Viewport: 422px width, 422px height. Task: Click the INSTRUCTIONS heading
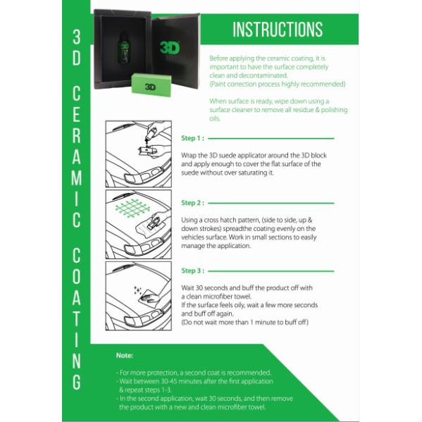point(278,29)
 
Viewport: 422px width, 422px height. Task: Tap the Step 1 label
point(192,138)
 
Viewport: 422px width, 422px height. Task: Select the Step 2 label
point(192,203)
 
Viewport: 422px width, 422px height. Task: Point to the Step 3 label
point(192,271)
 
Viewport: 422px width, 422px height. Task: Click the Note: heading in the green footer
point(125,355)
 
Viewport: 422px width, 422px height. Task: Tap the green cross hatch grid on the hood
point(132,209)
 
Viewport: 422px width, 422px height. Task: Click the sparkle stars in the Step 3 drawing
point(137,290)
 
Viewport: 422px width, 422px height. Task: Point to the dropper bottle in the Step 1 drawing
point(151,135)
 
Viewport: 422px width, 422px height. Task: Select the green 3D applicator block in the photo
point(151,85)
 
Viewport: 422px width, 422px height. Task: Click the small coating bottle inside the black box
point(124,48)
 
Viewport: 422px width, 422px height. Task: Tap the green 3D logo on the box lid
point(170,48)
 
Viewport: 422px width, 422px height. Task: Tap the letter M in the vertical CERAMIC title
point(77,178)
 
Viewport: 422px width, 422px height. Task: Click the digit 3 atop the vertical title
point(77,37)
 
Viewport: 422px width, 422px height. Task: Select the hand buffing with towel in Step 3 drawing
point(149,298)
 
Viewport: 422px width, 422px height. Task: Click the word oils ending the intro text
point(215,118)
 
